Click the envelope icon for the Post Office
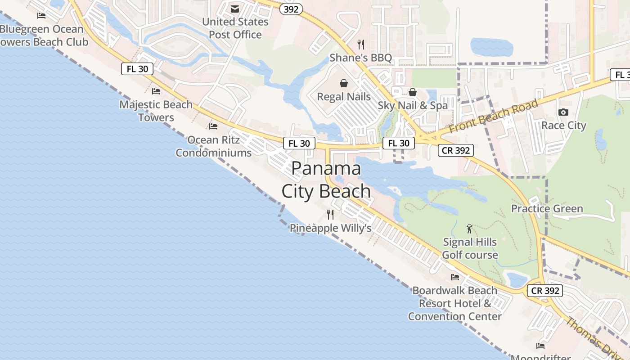[x=235, y=9]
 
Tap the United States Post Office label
[x=235, y=28]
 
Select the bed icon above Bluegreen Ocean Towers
[x=41, y=16]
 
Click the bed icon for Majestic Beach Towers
[x=156, y=91]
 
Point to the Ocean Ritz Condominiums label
[x=213, y=146]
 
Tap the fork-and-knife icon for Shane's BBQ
[x=360, y=44]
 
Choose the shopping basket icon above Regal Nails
[x=344, y=83]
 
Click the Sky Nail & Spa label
[x=413, y=105]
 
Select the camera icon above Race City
[x=563, y=112]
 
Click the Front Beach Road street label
[x=494, y=116]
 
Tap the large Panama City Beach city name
[x=326, y=180]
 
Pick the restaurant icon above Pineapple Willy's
[x=330, y=214]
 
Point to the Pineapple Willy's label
[x=330, y=228]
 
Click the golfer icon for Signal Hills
[x=470, y=229]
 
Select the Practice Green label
[x=547, y=208]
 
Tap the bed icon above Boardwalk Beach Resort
[x=455, y=277]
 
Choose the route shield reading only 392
[x=291, y=9]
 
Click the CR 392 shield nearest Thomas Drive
[x=545, y=291]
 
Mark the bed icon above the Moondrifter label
[x=540, y=346]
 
